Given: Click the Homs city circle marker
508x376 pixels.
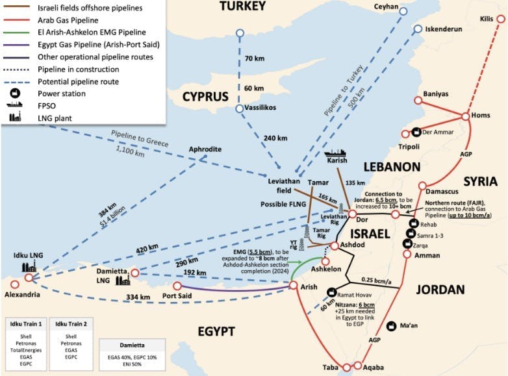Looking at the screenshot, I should (x=465, y=116).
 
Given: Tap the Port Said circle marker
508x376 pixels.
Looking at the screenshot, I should (x=177, y=286).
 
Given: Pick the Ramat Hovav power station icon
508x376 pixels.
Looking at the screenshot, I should (x=331, y=292).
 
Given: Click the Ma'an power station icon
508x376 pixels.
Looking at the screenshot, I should (x=391, y=325).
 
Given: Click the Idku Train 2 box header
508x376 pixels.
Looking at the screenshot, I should (x=73, y=323).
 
